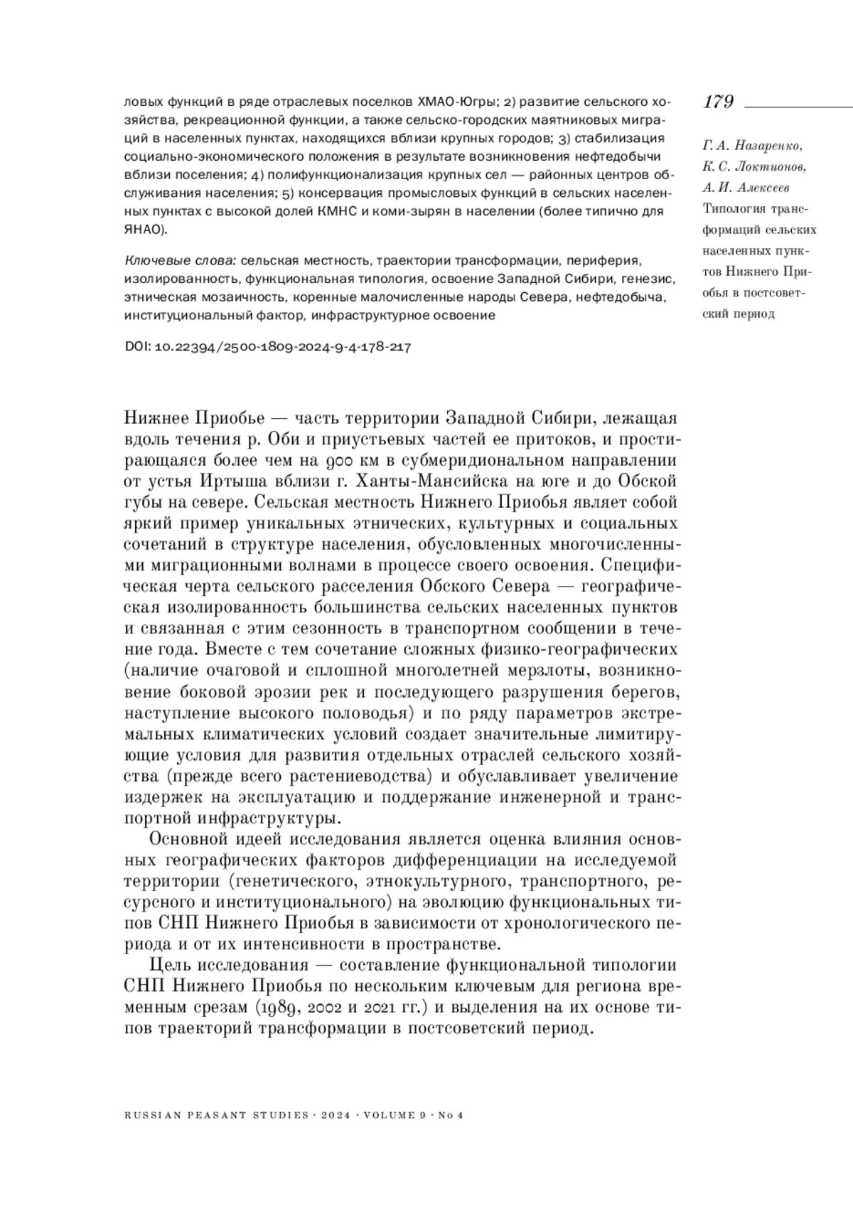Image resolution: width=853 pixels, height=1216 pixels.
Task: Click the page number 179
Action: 719,102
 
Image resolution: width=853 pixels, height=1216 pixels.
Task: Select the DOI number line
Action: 268,348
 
